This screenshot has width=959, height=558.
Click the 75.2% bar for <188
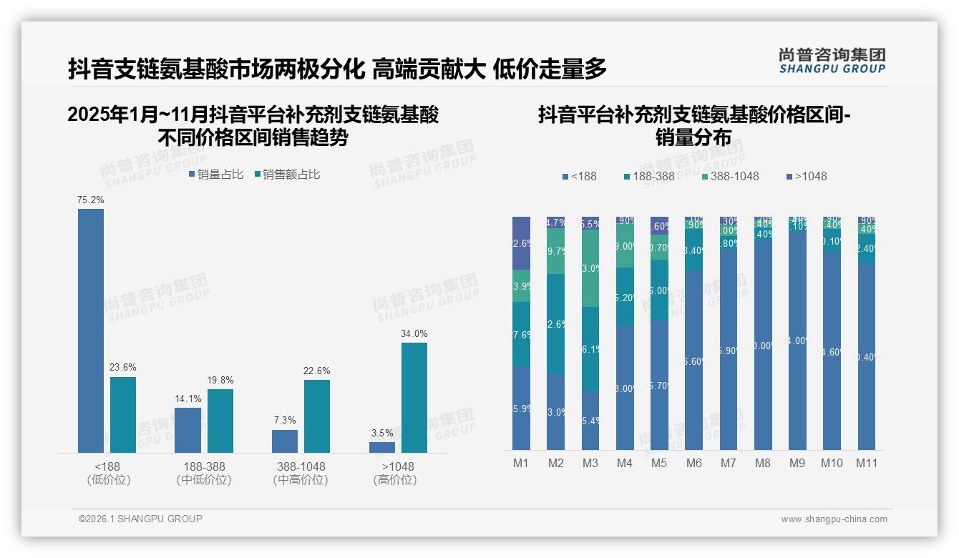tap(91, 331)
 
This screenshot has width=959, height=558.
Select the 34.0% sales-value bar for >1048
tap(414, 398)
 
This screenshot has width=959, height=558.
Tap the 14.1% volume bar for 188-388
tap(188, 430)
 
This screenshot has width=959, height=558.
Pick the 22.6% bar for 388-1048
tap(317, 416)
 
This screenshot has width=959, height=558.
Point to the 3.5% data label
tap(382, 433)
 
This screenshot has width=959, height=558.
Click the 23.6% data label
tap(123, 368)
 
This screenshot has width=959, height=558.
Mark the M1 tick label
tap(521, 464)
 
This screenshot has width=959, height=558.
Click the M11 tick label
tap(867, 464)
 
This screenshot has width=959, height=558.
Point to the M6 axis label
tap(693, 464)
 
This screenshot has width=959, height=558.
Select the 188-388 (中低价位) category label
tap(204, 473)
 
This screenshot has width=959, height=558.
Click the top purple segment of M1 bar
tap(522, 243)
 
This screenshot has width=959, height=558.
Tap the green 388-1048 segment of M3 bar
tap(590, 268)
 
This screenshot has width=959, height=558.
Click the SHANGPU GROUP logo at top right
tap(832, 61)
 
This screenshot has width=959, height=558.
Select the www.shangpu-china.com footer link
tap(834, 519)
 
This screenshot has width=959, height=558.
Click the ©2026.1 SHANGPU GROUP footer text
tap(140, 519)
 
